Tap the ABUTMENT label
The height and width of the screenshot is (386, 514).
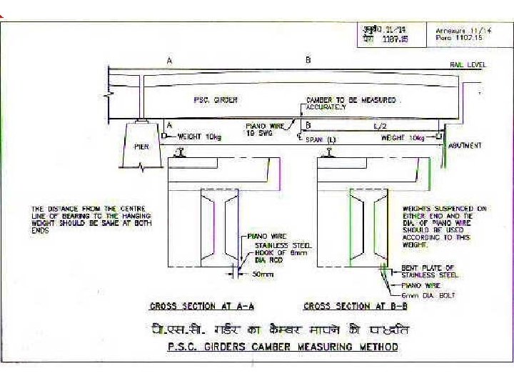(x=465, y=146)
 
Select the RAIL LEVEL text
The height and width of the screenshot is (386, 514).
(x=468, y=64)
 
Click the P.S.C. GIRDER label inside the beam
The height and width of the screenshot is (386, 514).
(x=216, y=100)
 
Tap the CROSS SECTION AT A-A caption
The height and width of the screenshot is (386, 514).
(x=202, y=307)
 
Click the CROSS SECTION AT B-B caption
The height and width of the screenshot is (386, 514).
(x=356, y=307)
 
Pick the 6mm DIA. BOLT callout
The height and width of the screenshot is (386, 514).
(x=427, y=295)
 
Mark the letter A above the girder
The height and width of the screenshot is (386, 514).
(x=169, y=61)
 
